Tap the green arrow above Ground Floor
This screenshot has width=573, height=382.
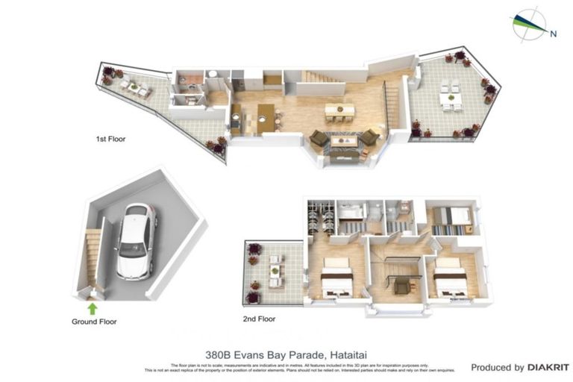pyautogui.click(x=93, y=307)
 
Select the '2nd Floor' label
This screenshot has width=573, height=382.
pyautogui.click(x=260, y=319)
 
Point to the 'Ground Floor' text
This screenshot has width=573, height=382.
pyautogui.click(x=94, y=322)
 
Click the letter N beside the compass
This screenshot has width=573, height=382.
pyautogui.click(x=553, y=33)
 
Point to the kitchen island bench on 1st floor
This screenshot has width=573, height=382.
pyautogui.click(x=266, y=118)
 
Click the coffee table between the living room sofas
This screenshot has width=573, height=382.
pyautogui.click(x=343, y=140)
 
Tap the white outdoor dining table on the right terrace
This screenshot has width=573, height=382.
pyautogui.click(x=450, y=97)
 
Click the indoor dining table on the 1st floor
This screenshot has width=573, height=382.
pyautogui.click(x=339, y=110)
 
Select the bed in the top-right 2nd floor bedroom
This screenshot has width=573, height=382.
pyautogui.click(x=452, y=216)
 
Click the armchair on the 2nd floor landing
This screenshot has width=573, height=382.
pyautogui.click(x=402, y=284)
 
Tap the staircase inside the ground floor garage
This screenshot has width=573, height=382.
pyautogui.click(x=93, y=257)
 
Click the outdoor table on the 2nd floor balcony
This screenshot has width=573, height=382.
pyautogui.click(x=275, y=269)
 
